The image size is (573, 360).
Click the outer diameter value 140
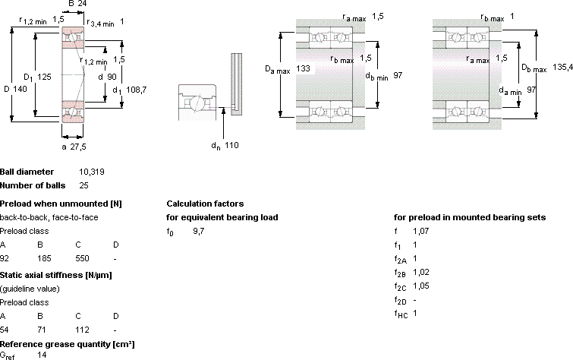[x=20, y=89]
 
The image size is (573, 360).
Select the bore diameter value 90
[x=112, y=77]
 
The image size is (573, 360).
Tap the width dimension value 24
[x=82, y=4]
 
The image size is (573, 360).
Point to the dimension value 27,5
[x=78, y=147]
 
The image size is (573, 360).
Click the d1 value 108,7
[x=137, y=90]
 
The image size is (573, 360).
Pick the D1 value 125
[x=44, y=77]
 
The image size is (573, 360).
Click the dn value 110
[x=231, y=145]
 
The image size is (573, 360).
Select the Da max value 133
[x=304, y=68]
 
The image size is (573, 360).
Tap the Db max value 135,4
[x=563, y=67]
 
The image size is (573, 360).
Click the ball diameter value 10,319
[x=92, y=172]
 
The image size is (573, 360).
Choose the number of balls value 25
[x=83, y=185]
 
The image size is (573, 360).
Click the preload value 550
[x=82, y=259]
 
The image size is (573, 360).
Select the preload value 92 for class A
[x=5, y=259]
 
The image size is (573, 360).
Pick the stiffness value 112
[x=82, y=330]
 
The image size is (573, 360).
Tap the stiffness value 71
[x=42, y=330]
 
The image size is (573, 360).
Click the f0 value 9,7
[x=199, y=231]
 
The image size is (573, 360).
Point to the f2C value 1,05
[x=421, y=286]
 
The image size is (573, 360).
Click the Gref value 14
[x=42, y=355]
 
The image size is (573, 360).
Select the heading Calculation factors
[x=205, y=204]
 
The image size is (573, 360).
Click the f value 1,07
[x=421, y=231]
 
